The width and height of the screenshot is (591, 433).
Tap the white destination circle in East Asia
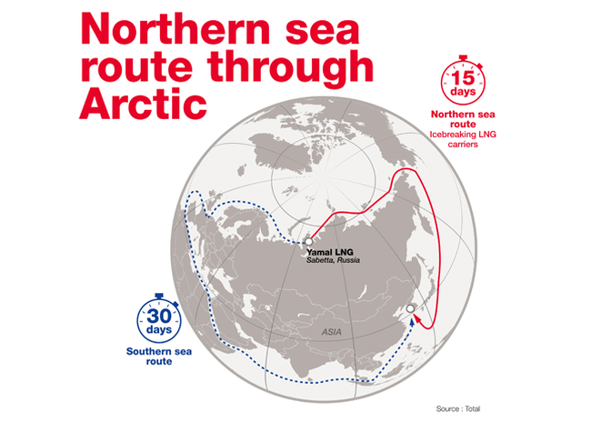[410, 310]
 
